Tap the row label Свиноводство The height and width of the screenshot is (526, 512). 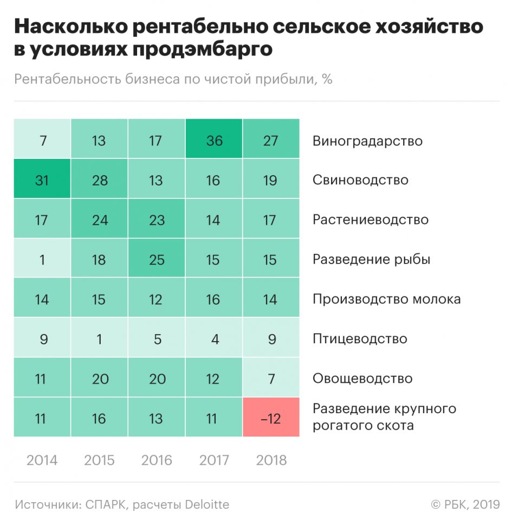[360, 179]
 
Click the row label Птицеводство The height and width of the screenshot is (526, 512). [360, 339]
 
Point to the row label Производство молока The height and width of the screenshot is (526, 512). [386, 299]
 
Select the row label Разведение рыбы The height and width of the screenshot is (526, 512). [371, 259]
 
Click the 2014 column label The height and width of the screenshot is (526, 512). [42, 460]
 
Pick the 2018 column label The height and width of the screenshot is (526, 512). [271, 460]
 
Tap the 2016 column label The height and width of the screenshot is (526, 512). [157, 460]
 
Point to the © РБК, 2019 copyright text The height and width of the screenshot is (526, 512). [465, 505]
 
